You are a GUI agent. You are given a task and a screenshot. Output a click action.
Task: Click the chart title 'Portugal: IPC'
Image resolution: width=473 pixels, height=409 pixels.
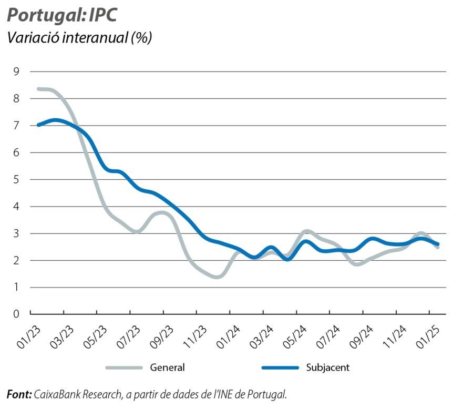[x=61, y=15]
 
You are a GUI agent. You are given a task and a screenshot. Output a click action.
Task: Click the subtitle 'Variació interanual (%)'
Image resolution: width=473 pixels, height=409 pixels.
[x=79, y=38]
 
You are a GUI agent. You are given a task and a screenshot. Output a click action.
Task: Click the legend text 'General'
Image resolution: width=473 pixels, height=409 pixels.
[x=167, y=367]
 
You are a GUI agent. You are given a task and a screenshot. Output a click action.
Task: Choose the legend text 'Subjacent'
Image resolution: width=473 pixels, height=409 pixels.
[x=327, y=367]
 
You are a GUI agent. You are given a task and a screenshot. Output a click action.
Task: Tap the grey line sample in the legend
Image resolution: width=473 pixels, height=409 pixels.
[x=124, y=367]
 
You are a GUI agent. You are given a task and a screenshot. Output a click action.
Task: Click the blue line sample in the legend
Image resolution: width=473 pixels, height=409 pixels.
[x=280, y=367]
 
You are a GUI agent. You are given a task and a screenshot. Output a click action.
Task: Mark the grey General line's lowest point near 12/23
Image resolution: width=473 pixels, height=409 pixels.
[x=217, y=276]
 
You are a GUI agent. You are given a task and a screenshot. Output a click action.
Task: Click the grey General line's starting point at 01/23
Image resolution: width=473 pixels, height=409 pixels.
[x=39, y=89]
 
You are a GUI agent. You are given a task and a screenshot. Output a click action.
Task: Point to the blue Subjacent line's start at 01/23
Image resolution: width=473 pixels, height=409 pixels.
[x=39, y=125]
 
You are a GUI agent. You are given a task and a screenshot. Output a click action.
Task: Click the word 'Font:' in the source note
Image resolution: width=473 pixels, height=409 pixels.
[x=19, y=394]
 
